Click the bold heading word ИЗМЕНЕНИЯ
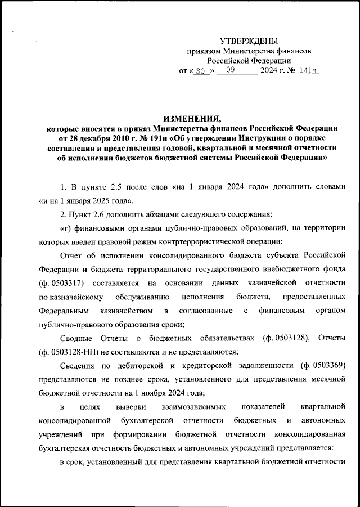pyautogui.click(x=191, y=118)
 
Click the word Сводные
pyautogui.click(x=78, y=338)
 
